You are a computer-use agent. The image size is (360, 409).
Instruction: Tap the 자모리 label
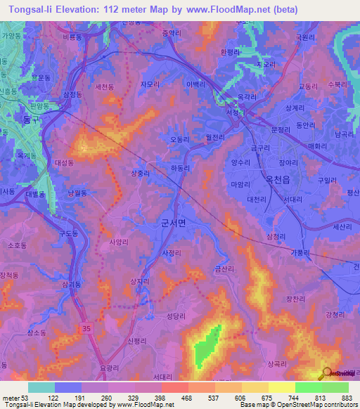pos(150,84)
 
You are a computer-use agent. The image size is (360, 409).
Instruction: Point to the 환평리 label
pos(231,52)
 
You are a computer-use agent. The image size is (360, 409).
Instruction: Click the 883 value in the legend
pos(347,398)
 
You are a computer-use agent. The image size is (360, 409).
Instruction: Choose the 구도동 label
pos(69,233)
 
